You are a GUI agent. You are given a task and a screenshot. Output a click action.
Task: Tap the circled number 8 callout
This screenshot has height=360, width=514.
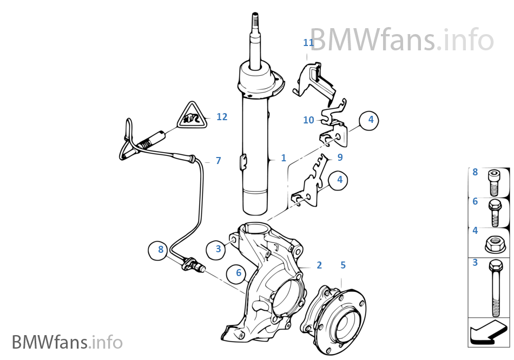click(160, 250)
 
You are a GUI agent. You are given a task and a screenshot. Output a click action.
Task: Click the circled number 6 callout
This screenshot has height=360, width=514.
click(238, 273)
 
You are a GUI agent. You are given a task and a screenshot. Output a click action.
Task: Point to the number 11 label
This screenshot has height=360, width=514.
click(308, 42)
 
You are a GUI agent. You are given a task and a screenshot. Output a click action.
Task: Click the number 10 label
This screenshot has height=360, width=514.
click(308, 120)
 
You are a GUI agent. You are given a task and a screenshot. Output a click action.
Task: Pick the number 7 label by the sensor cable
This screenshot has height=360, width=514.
click(218, 161)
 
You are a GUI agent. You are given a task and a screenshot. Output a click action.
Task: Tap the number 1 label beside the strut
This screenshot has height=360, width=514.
click(284, 158)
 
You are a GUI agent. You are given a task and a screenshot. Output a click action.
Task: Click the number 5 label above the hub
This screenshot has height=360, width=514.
click(343, 265)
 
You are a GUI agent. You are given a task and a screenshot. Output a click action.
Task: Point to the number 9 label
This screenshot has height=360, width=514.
click(340, 158)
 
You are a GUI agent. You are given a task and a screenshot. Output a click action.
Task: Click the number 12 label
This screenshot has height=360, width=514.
click(222, 116)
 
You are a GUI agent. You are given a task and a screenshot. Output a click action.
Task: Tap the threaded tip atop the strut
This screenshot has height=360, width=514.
click(254, 25)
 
